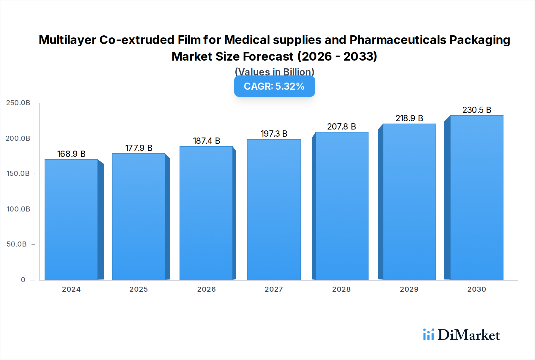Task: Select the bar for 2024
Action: [71, 220]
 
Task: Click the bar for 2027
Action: [274, 209]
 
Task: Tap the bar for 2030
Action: [476, 198]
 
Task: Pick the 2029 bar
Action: [409, 202]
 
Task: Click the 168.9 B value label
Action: [71, 154]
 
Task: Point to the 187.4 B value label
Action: [206, 141]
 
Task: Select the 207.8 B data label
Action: [342, 127]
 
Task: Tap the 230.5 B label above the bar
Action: [476, 110]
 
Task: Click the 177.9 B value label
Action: [139, 148]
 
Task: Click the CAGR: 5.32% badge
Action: [274, 86]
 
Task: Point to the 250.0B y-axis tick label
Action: [18, 103]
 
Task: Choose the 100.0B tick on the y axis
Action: [18, 209]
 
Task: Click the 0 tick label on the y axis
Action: [23, 280]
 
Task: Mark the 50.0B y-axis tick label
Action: [17, 244]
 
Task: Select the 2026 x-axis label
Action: [206, 289]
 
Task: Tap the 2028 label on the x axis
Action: [341, 289]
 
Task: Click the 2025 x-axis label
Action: [139, 289]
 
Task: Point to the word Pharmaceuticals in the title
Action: [397, 40]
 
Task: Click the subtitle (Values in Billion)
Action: [274, 72]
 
